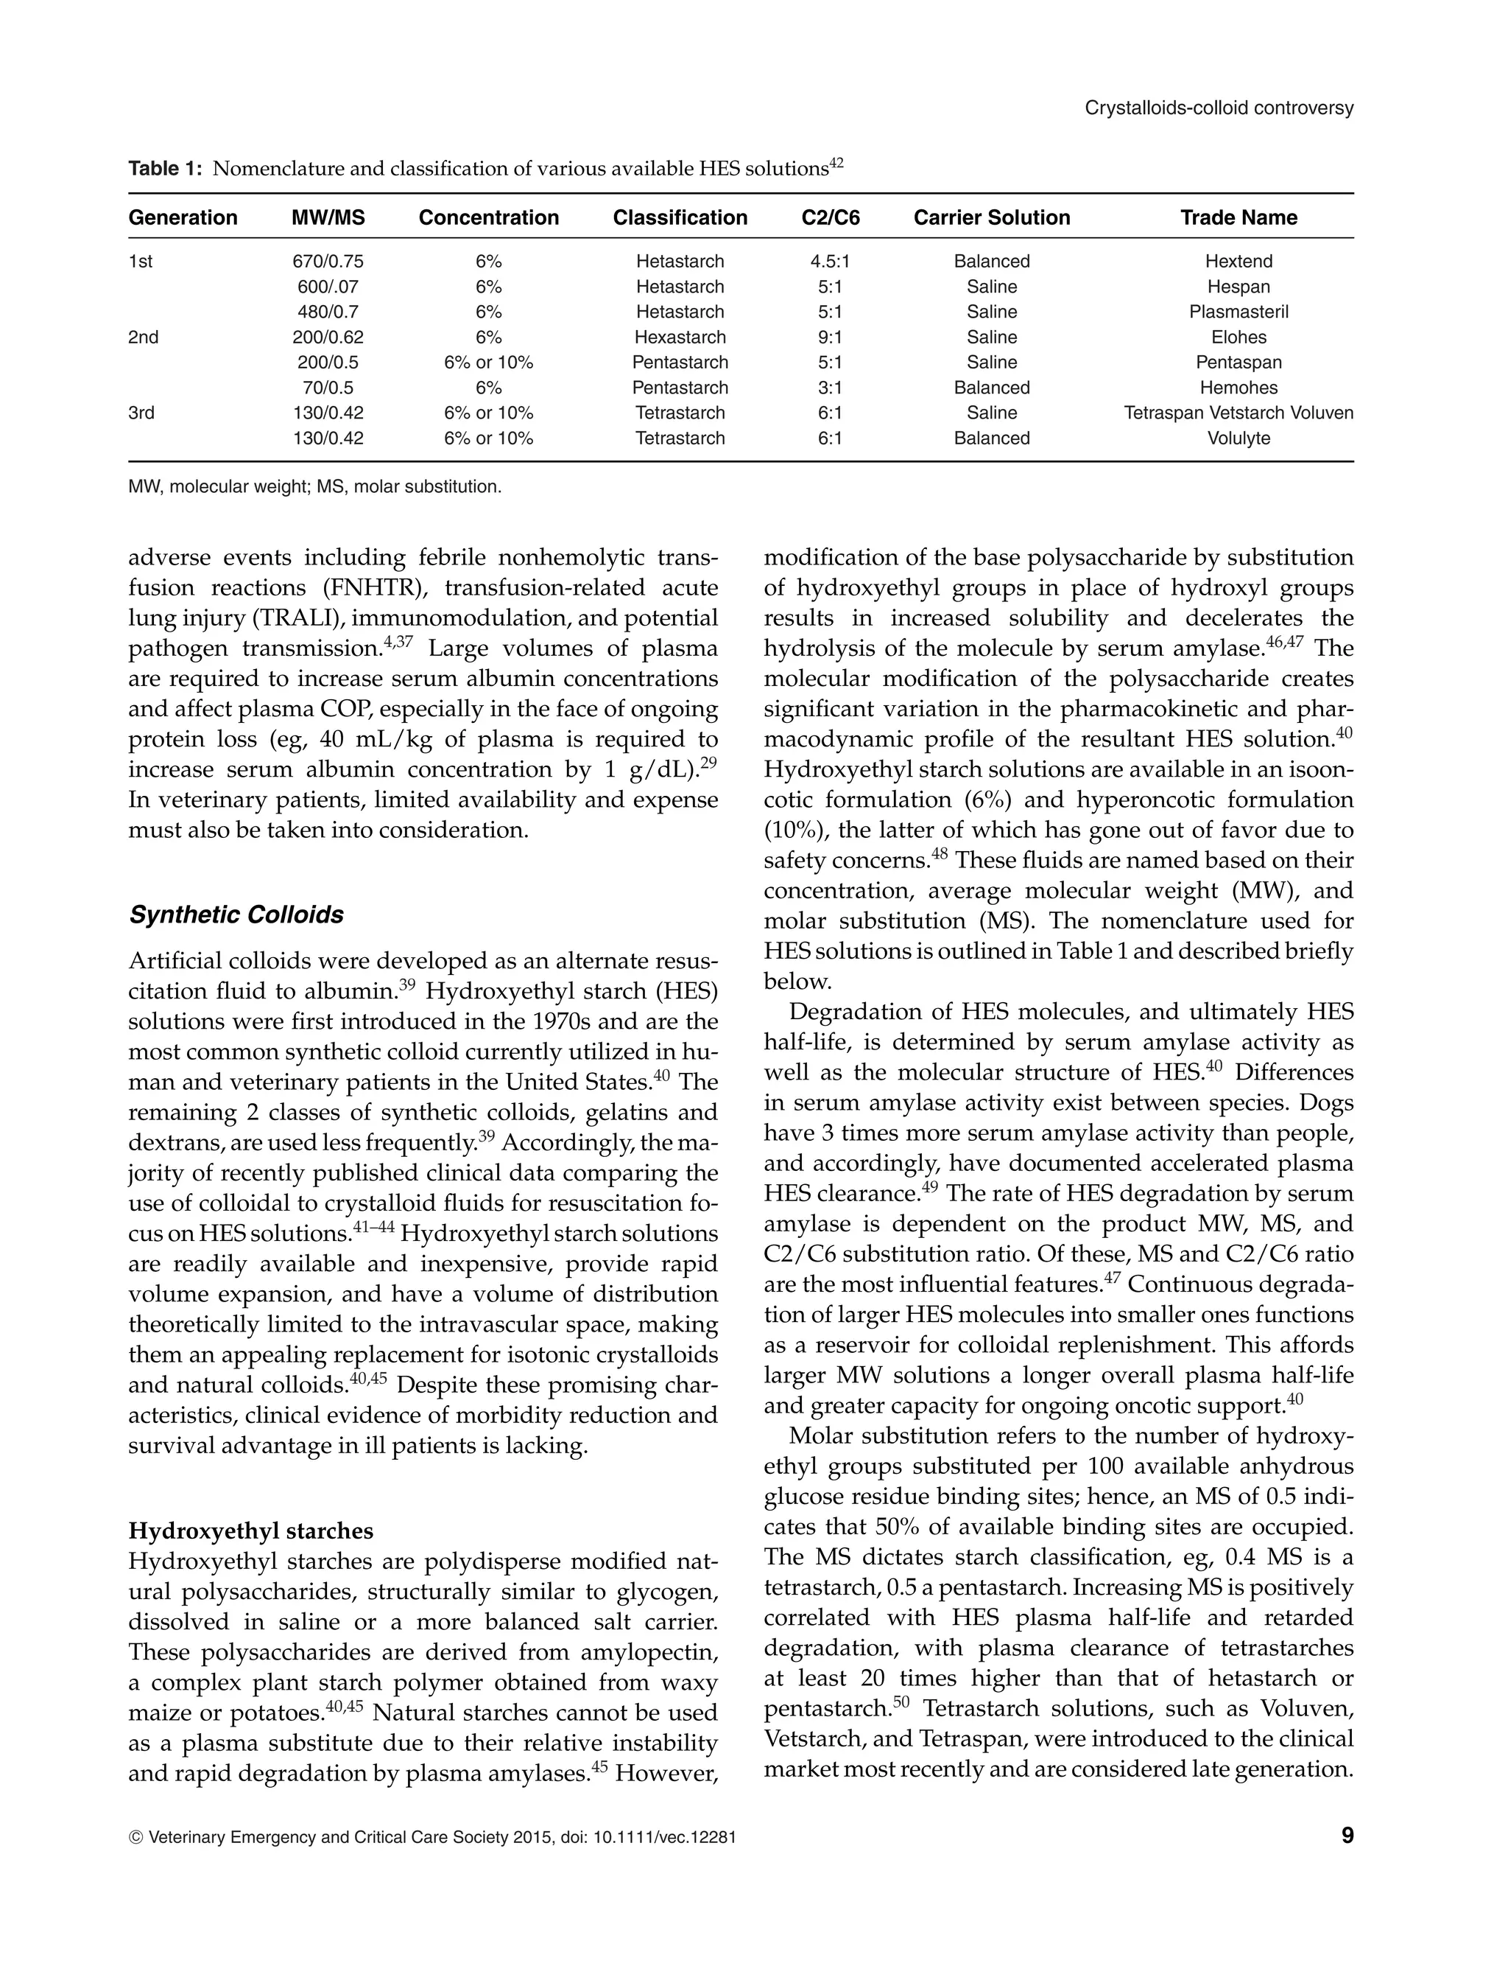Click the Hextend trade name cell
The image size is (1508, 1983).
(1238, 262)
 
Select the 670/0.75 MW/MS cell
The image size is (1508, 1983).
(328, 262)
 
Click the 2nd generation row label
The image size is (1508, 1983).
(144, 338)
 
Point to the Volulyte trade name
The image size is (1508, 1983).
(1238, 438)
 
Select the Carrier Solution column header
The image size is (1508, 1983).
(991, 217)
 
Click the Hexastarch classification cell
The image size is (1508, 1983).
(680, 338)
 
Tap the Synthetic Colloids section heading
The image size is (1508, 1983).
(236, 915)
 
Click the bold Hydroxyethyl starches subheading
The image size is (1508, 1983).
(250, 1531)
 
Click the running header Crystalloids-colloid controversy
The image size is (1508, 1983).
(1218, 108)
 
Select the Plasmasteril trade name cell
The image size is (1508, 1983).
(1238, 312)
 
